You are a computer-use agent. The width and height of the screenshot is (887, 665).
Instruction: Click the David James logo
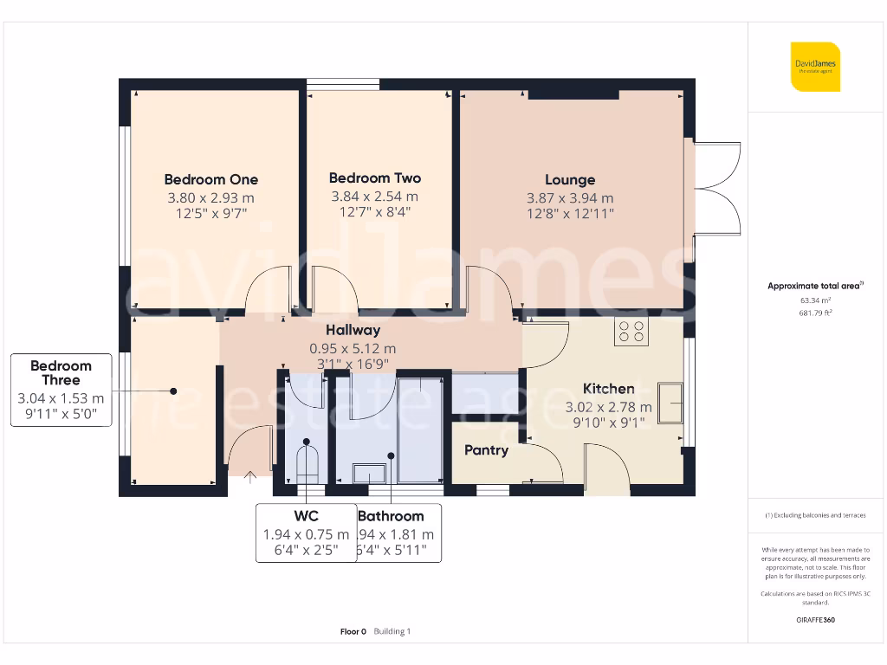(x=815, y=67)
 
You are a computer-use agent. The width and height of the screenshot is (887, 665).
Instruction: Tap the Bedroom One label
(x=210, y=179)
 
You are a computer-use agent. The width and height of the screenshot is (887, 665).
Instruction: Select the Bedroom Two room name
(x=375, y=178)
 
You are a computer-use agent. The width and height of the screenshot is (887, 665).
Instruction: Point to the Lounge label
(x=570, y=179)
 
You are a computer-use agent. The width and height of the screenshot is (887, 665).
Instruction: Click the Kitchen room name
(x=608, y=389)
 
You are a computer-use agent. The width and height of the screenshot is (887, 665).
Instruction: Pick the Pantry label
(x=486, y=450)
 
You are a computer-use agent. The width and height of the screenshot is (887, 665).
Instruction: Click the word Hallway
(x=353, y=330)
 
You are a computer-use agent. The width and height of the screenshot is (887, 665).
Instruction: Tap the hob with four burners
(x=630, y=332)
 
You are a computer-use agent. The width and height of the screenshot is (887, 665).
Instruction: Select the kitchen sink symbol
(x=670, y=403)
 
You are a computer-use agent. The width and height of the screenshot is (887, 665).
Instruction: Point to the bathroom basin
(x=372, y=472)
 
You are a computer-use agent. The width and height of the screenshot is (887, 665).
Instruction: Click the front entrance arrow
(x=251, y=475)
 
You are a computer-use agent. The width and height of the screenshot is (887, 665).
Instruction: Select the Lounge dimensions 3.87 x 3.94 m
(x=570, y=198)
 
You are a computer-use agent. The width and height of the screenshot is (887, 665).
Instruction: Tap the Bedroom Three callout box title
(x=61, y=372)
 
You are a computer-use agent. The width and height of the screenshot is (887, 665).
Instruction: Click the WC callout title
(x=306, y=517)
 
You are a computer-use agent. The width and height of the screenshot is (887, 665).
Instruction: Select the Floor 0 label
(x=353, y=631)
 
